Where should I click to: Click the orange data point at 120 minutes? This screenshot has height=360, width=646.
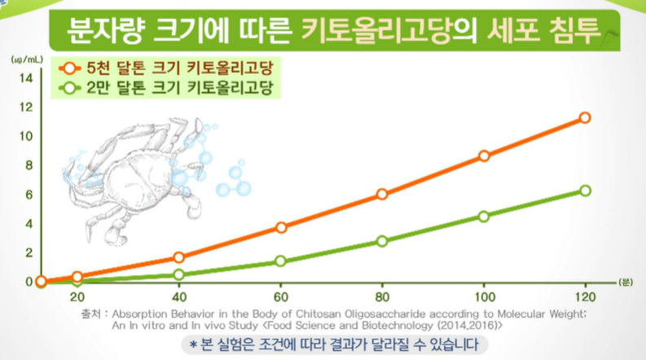coord(584,118)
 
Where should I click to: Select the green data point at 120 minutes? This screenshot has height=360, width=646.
coord(584,191)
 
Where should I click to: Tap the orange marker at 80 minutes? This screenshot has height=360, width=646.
coord(382,194)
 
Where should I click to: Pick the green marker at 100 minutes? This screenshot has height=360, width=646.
coord(484,217)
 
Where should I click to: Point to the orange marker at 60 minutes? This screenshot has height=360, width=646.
coord(281,227)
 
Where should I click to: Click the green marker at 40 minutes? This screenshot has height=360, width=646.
coord(179,274)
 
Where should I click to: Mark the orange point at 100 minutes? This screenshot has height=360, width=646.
coord(484,156)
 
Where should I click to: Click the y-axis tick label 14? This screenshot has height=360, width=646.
coord(25,77)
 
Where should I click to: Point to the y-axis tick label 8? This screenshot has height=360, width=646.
coord(28,165)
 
